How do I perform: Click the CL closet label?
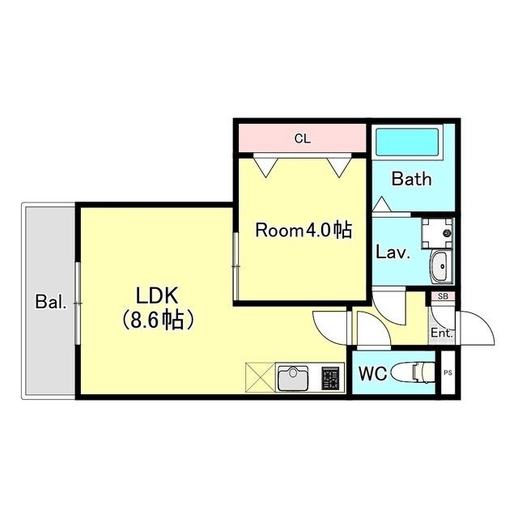[x=302, y=139]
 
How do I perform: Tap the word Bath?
[x=411, y=179]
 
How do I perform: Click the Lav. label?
[x=393, y=252]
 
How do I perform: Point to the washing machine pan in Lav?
[x=438, y=231]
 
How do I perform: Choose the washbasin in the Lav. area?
[x=440, y=265]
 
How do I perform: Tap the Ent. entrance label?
[x=441, y=333]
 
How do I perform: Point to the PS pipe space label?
[x=448, y=373]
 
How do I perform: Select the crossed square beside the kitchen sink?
[x=260, y=378]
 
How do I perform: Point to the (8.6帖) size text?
[x=158, y=320]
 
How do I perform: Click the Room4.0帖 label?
[x=304, y=231]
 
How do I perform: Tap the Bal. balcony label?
[x=50, y=303]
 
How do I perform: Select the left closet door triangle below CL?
[x=265, y=166]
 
